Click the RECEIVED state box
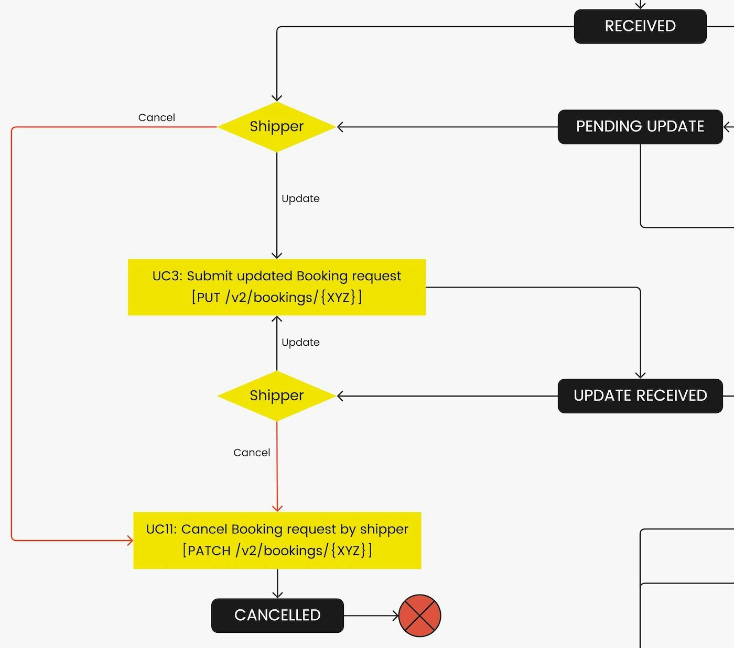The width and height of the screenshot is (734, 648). coord(640,26)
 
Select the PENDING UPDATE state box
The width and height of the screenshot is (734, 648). coord(640,127)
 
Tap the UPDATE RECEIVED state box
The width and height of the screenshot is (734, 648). coord(640,396)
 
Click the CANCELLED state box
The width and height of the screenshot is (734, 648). coord(277,616)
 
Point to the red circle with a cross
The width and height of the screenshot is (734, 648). coord(420,616)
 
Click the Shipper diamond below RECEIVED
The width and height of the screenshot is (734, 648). coord(277,127)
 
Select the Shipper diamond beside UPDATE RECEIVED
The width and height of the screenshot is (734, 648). coord(277,396)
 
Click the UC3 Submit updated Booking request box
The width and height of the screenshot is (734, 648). coord(277,287)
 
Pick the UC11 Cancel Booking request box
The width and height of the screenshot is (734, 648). coord(277,540)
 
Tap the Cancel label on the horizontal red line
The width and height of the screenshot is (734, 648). coord(157,118)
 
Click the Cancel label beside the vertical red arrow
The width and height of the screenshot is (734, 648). coord(252,453)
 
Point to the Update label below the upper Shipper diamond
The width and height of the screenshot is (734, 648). coord(300,199)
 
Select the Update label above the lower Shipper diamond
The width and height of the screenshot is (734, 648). coord(300,343)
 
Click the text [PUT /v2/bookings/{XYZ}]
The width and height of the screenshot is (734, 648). coord(277,298)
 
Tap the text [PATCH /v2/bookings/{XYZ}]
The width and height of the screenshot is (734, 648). coord(277,551)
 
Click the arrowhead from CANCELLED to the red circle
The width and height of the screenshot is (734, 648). coord(396,616)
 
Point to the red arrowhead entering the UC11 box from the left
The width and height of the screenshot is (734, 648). coord(130,540)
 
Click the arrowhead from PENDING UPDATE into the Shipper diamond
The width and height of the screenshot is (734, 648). coord(340,127)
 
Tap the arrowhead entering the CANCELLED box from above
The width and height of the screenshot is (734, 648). coord(277,595)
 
